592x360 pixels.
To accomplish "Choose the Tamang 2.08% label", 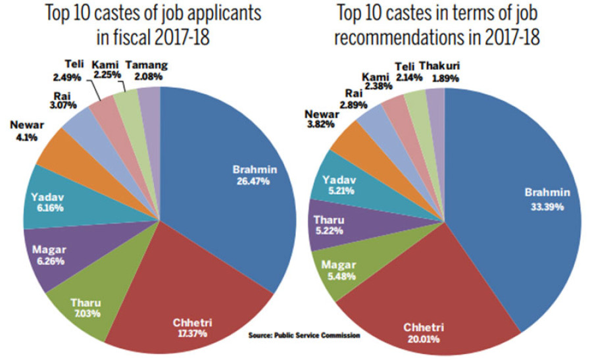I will point(146,71).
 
